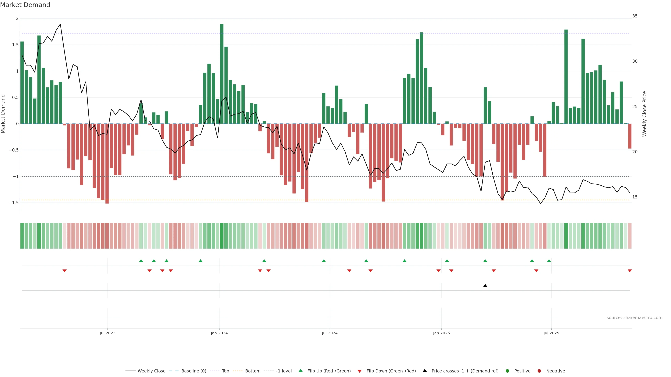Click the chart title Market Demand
click(x=25, y=5)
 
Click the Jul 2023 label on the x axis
click(x=107, y=333)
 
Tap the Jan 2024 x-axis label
click(x=219, y=333)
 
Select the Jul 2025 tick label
click(x=551, y=333)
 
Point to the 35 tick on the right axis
click(x=635, y=16)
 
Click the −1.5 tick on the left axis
click(x=14, y=203)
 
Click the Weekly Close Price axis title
click(x=644, y=114)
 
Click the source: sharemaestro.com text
click(x=634, y=318)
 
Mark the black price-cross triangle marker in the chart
click(x=485, y=286)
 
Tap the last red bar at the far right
click(x=630, y=136)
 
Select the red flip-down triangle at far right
click(x=630, y=271)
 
